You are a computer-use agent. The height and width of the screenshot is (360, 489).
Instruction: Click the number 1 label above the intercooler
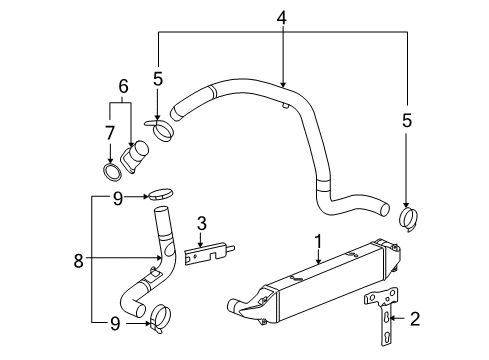coord(319,241)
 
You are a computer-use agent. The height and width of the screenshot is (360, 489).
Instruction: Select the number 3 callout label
coord(200,222)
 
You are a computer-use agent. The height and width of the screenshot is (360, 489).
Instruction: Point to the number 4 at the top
coord(283,17)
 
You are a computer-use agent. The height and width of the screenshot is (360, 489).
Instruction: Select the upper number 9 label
coord(117,198)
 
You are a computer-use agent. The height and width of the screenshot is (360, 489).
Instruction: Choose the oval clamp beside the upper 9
coord(163,196)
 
